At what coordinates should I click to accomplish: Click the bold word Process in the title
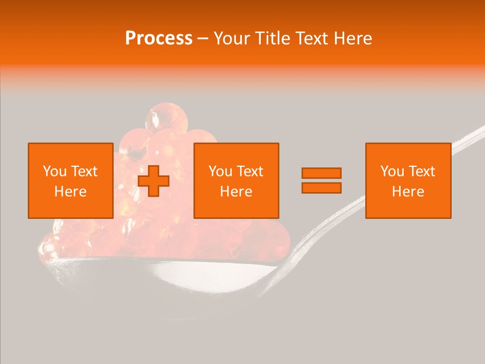point(159,38)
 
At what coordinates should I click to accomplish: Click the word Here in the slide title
point(354,38)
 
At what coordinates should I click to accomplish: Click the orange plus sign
point(154,181)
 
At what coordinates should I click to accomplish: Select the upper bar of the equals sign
point(321,173)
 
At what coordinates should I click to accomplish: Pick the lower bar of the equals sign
point(321,188)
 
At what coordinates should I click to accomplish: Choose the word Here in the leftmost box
point(70,192)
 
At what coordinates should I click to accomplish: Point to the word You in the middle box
point(221,171)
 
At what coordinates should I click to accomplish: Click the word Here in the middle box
point(236,192)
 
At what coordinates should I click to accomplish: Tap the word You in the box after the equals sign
point(393,171)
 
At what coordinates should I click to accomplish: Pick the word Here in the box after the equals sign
point(408,192)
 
